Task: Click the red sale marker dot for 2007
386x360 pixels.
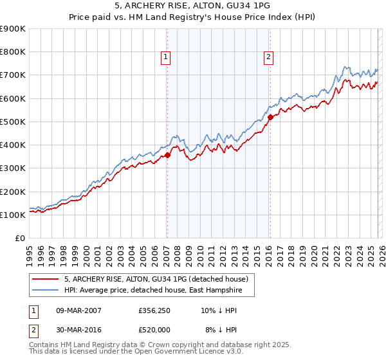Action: pos(167,155)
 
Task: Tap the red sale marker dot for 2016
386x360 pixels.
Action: pos(270,117)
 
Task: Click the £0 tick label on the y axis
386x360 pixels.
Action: pos(19,239)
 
